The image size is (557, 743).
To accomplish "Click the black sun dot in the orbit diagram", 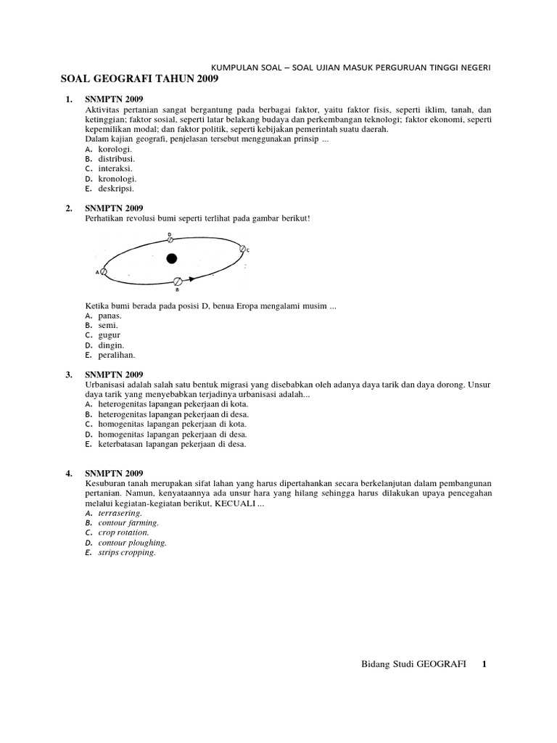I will (x=171, y=258).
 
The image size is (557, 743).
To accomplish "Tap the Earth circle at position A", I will (x=104, y=272).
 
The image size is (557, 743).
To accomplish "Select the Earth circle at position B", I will (x=177, y=280).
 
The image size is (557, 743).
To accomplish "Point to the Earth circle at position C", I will (x=243, y=248).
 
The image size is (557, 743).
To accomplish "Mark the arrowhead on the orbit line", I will (x=191, y=279).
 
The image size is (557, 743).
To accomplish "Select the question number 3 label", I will (x=69, y=374).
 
